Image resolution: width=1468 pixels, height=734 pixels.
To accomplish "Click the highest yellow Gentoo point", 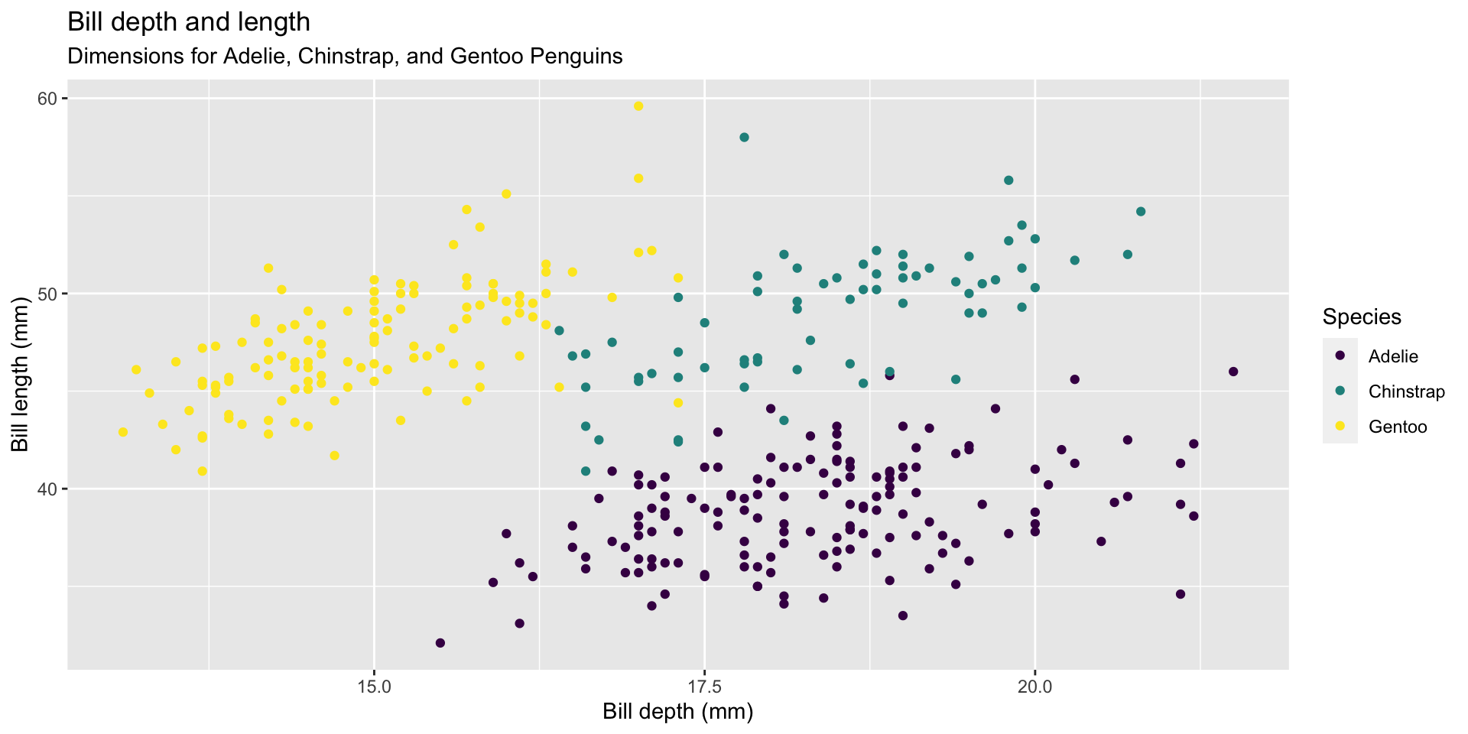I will coord(638,106).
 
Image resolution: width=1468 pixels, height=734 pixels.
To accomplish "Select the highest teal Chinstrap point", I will coord(744,138).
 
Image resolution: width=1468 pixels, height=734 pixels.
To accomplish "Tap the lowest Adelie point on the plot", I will coord(440,643).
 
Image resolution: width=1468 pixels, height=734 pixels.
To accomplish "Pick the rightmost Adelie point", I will coord(1233,372).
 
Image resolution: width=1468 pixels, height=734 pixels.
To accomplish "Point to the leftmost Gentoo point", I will coord(123,432).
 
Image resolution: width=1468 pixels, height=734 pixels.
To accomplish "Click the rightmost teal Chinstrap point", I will coord(1141,212).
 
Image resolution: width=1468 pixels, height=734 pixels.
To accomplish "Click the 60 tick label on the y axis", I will coord(47,99).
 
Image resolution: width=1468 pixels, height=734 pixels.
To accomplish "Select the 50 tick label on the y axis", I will coord(47,294).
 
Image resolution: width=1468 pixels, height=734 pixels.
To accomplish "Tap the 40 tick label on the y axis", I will coord(47,489).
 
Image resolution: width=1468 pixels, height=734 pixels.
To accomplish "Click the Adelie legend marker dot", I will coord(1340,356).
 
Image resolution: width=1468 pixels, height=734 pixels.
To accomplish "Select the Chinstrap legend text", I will coord(1406,392).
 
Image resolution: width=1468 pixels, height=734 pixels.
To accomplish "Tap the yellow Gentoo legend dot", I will coord(1340,427).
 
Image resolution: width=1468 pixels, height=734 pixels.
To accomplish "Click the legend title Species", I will coord(1362,317).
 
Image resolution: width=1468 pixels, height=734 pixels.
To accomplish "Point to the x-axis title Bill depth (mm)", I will coord(677,712).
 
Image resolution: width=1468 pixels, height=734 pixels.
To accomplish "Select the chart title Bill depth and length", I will coord(189,22).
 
